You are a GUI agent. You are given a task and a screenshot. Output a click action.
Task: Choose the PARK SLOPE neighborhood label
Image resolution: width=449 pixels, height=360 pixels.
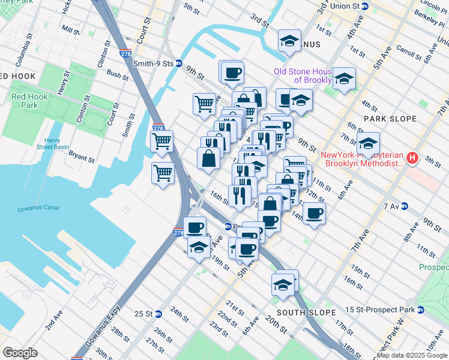coord(390,119)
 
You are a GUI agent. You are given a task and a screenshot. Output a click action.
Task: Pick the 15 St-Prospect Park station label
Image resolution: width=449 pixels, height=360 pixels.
coord(385,310)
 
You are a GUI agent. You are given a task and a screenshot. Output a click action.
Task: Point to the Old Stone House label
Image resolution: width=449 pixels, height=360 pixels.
coord(303,76)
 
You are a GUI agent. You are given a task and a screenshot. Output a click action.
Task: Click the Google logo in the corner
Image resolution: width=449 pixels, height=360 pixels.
coord(20,353)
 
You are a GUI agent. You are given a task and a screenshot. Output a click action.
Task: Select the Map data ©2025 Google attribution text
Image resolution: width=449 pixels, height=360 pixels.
coord(412,356)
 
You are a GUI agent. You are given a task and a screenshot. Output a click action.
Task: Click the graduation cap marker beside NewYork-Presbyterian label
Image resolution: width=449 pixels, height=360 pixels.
coord(367,145)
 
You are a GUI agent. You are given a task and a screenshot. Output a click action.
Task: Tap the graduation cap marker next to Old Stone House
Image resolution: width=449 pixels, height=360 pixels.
coord(344,79)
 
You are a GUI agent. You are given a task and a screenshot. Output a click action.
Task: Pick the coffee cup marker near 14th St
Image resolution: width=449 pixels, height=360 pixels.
coord(313,212)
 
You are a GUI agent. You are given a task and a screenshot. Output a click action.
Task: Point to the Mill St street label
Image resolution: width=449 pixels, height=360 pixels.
coord(70,29)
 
